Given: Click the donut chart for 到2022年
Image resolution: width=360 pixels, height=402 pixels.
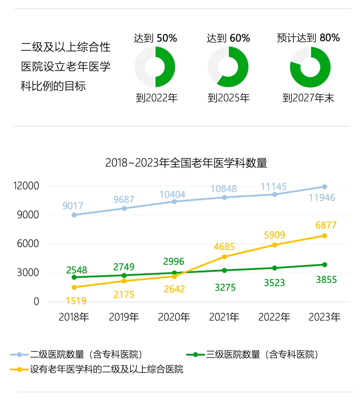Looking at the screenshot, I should (x=155, y=67).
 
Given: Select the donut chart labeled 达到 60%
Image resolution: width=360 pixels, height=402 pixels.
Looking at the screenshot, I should (x=228, y=67).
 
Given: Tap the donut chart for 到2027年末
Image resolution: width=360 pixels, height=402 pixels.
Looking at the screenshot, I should (x=310, y=67).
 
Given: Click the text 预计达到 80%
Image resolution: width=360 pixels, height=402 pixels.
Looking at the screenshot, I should (x=308, y=38).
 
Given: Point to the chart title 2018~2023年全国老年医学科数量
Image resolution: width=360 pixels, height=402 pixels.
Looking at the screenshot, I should (x=186, y=163).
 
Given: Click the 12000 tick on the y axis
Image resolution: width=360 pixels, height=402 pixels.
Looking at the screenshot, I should (x=26, y=186).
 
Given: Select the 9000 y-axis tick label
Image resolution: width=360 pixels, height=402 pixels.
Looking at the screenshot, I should (x=28, y=215).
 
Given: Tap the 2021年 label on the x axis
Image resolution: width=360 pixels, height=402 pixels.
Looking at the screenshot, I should (x=224, y=317).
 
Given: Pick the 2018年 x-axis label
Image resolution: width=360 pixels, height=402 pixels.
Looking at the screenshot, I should (x=74, y=317).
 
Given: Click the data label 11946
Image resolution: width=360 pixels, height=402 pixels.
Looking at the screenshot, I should (x=322, y=197).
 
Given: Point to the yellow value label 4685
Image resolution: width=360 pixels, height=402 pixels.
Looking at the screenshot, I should (x=224, y=247).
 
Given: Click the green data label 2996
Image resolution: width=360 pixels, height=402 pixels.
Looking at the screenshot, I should (x=174, y=262).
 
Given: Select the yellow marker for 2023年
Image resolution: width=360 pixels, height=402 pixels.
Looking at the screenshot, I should (x=324, y=236).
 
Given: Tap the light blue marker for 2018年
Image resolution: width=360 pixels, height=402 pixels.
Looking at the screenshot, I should (x=74, y=215).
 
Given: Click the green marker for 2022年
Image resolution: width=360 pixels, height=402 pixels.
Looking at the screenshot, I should (x=275, y=268).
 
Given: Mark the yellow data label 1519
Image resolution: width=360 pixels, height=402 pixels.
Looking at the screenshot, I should (x=76, y=301).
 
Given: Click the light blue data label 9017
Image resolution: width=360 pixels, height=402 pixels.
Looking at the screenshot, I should (x=73, y=206).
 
